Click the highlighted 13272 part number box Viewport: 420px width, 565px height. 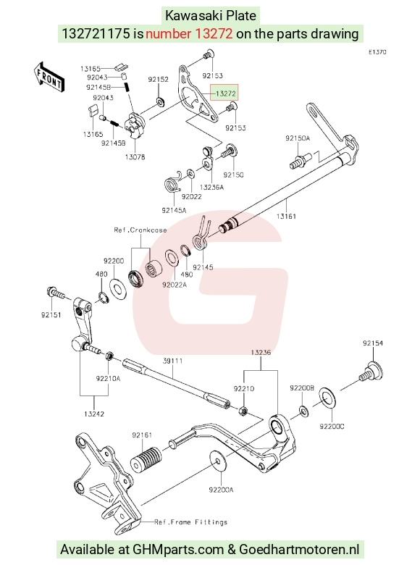click(224, 93)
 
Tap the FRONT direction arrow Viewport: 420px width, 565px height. click(49, 78)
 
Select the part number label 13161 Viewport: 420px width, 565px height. click(286, 216)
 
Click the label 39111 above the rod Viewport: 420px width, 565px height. click(172, 361)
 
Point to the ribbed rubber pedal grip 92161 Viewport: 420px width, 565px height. click(146, 459)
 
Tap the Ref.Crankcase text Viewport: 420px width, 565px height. click(140, 230)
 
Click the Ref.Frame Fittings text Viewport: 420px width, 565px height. click(191, 522)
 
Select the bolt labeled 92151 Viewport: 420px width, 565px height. click(55, 293)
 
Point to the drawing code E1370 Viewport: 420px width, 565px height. click(377, 52)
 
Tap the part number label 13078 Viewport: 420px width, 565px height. click(135, 156)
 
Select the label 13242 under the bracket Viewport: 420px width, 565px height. click(94, 414)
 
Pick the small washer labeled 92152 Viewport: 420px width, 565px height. click(159, 101)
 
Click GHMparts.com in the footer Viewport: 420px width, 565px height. click(178, 550)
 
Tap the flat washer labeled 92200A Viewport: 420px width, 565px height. click(217, 460)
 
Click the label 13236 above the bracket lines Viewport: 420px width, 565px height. click(261, 352)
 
